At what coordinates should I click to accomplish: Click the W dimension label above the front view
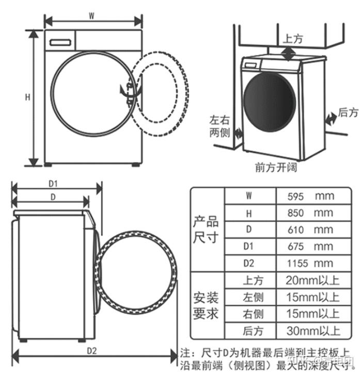pyautogui.click(x=91, y=15)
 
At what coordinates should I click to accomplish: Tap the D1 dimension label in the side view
pyautogui.click(x=53, y=183)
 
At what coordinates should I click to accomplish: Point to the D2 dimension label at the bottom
pyautogui.click(x=92, y=351)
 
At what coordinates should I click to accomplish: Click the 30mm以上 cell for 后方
pyautogui.click(x=313, y=330)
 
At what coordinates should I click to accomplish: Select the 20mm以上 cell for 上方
pyautogui.click(x=313, y=280)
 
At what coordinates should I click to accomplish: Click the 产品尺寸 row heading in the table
pyautogui.click(x=206, y=230)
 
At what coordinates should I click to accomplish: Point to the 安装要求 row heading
pyautogui.click(x=206, y=305)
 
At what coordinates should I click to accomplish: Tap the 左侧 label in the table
pyautogui.click(x=253, y=297)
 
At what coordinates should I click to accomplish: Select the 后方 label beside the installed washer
pyautogui.click(x=348, y=112)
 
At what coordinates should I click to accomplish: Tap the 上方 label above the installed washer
pyautogui.click(x=293, y=39)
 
